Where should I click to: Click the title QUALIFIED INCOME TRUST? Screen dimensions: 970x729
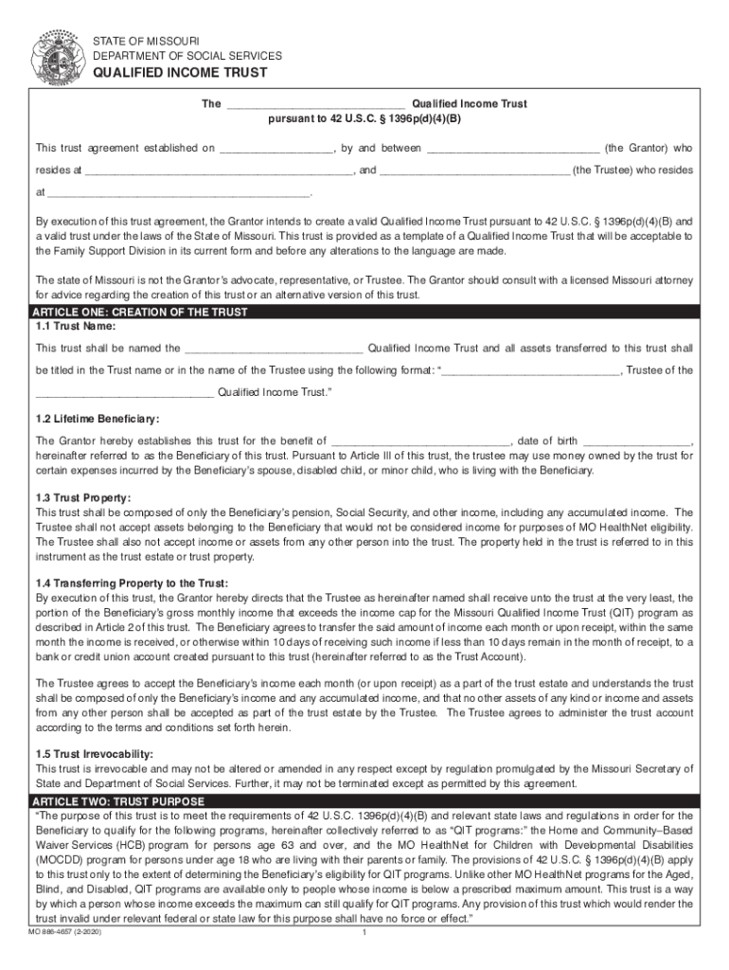click(179, 73)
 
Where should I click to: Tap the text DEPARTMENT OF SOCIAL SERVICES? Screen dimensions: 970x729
click(187, 56)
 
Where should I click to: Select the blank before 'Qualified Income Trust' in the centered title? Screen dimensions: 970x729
click(316, 105)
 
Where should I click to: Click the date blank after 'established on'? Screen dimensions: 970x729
click(276, 150)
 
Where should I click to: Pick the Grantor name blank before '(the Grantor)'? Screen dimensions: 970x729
click(513, 150)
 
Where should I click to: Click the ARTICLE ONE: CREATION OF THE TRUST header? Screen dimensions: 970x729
click(140, 313)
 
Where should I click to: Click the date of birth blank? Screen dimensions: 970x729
click(638, 441)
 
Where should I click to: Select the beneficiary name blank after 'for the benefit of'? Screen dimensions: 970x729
click(421, 441)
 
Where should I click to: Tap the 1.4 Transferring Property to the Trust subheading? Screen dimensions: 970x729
click(132, 583)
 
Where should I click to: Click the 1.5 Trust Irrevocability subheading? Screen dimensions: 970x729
click(95, 754)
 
